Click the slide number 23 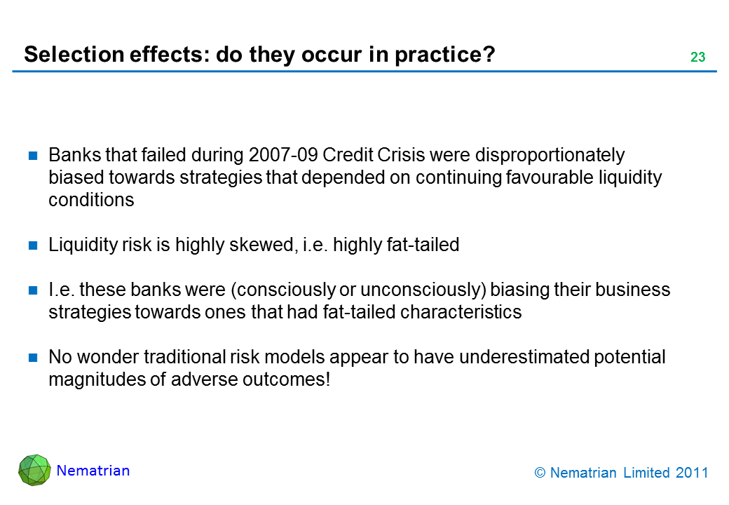(698, 57)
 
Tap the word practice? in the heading (445, 55)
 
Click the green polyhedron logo (34, 470)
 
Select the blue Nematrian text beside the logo (93, 471)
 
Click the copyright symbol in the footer (540, 473)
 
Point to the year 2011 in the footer (692, 473)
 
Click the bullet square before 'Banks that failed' (33, 155)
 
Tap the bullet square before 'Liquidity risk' (33, 245)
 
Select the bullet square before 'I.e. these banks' (33, 290)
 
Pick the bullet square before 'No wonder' (33, 358)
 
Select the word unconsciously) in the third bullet (423, 290)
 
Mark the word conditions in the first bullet (91, 200)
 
